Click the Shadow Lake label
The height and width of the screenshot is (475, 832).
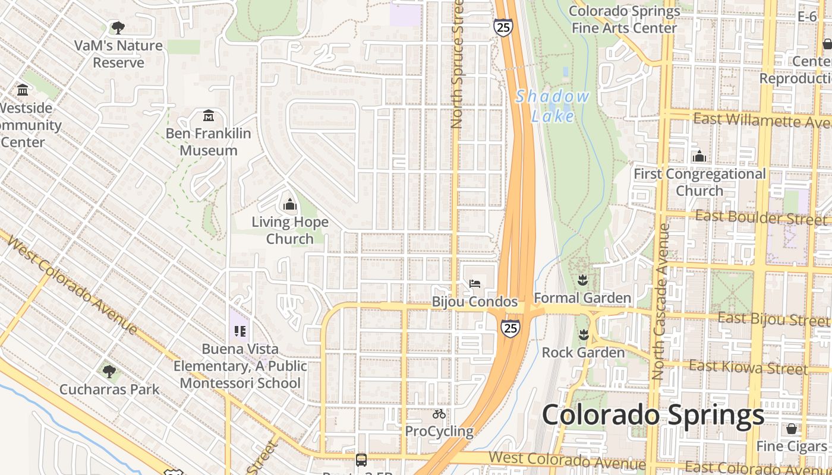point(553,106)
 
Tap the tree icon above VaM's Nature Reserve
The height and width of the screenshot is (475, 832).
point(118,27)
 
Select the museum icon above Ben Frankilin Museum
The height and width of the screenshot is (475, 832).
point(209,115)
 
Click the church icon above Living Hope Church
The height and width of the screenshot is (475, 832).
point(290,205)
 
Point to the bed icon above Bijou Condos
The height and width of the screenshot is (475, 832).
point(475,283)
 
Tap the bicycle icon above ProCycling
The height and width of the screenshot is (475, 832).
point(439,414)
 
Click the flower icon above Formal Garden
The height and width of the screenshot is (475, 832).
point(582,280)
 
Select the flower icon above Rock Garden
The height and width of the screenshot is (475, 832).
point(584,335)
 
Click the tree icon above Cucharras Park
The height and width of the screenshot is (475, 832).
point(109,372)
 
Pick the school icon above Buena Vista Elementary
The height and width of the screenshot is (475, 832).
point(240,331)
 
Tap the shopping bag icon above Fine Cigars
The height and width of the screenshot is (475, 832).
point(792,428)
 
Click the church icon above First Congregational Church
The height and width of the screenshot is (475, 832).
point(699,156)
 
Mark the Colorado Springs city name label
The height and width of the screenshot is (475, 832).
point(653,414)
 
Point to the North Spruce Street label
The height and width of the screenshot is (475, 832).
point(456,64)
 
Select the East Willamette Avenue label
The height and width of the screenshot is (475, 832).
point(762,120)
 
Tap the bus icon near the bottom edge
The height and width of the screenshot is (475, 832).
point(361,460)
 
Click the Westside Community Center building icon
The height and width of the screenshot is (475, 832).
point(23,90)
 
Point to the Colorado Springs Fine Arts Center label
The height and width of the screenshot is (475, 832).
point(624,20)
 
